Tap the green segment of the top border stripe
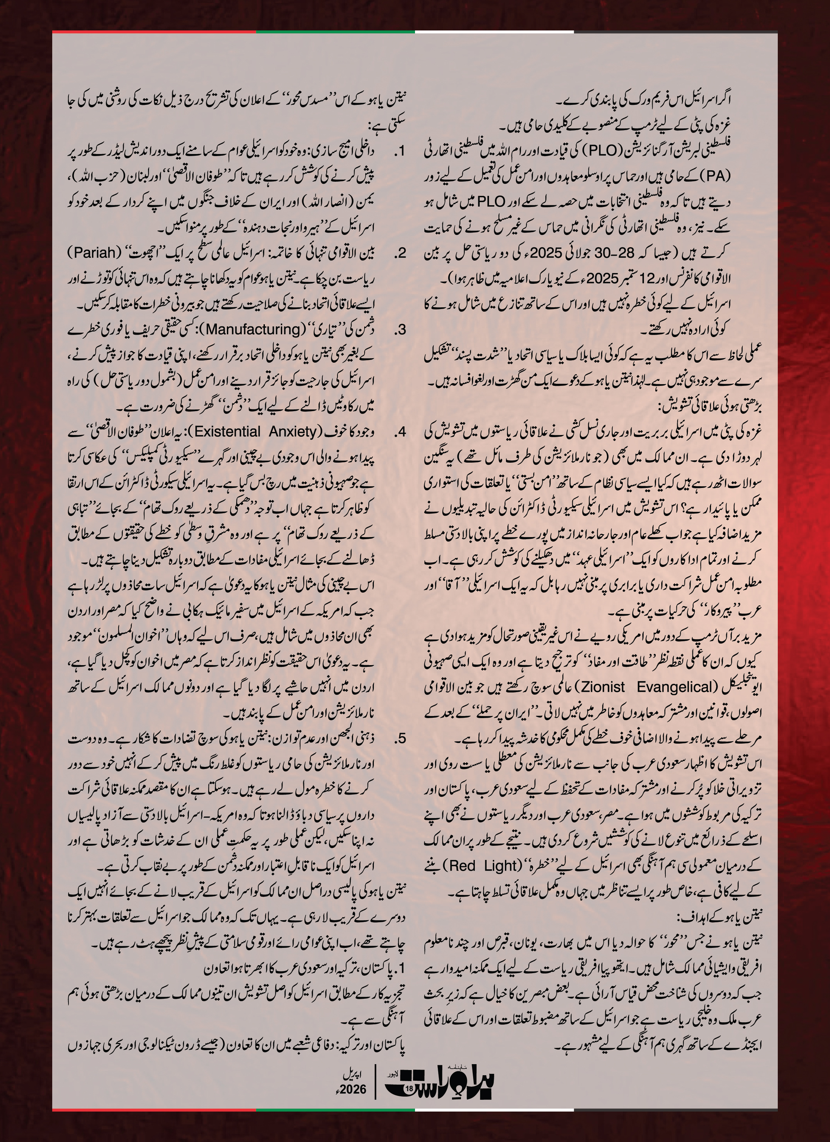tap(335, 32)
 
